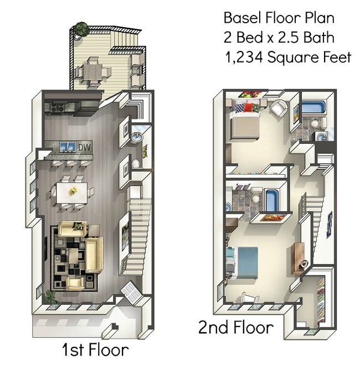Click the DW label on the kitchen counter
click(x=84, y=147)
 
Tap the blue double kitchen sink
click(x=69, y=147)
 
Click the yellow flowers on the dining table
click(x=73, y=191)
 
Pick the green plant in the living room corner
click(x=51, y=295)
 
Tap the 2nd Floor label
click(x=236, y=328)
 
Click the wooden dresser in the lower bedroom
click(x=301, y=256)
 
